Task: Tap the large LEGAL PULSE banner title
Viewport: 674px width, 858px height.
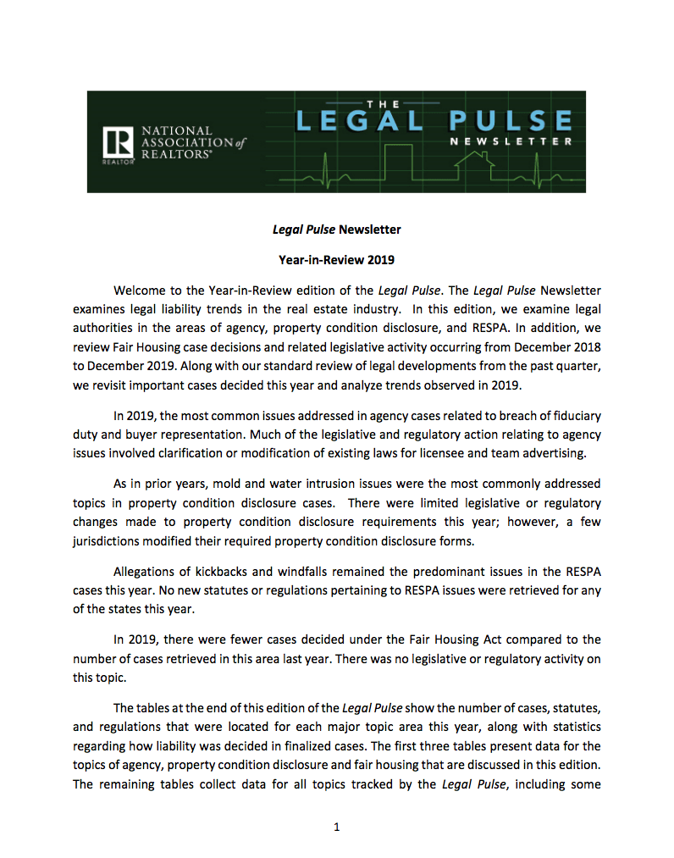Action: (433, 120)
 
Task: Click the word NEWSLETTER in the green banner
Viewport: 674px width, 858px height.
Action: (511, 141)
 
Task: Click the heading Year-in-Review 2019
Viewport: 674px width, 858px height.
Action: (336, 260)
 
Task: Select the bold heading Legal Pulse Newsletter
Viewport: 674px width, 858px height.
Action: (336, 230)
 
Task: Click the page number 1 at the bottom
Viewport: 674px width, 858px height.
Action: (336, 828)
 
